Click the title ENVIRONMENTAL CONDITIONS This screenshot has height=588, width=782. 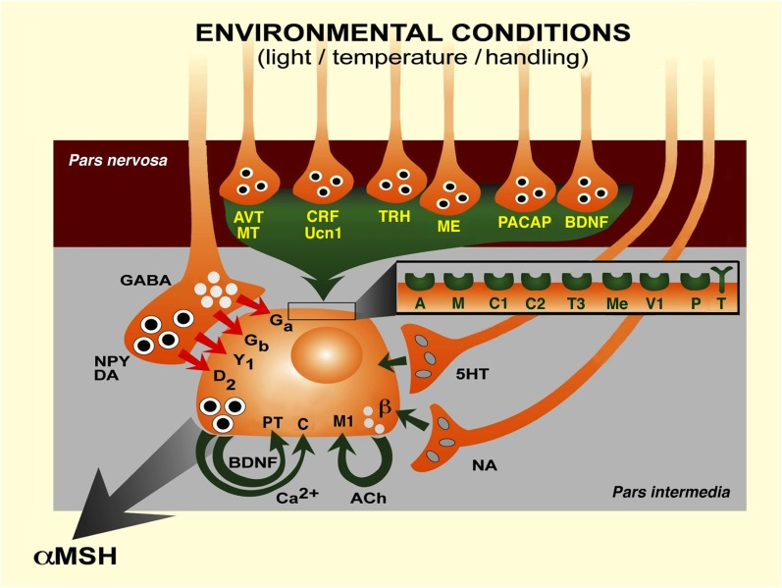[412, 32]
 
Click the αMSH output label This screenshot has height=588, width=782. [76, 557]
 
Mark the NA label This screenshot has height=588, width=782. [483, 465]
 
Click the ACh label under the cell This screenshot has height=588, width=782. [368, 499]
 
